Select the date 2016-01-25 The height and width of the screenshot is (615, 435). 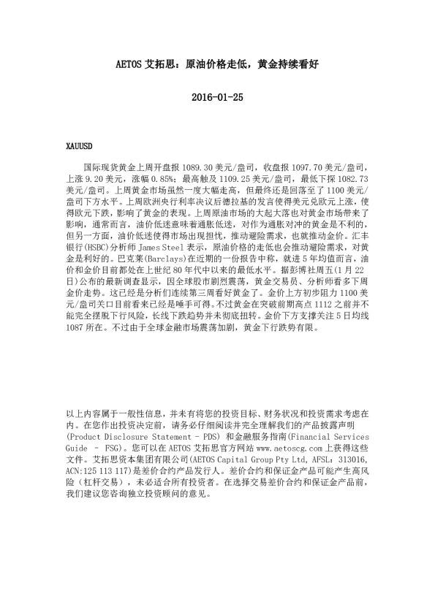coord(216,97)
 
